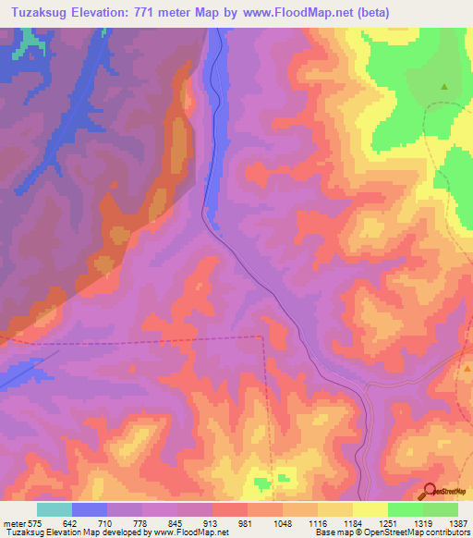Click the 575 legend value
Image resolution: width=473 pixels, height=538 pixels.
(36, 523)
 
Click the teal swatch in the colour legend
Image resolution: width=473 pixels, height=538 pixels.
(55, 509)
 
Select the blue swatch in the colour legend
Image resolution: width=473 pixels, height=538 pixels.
(90, 509)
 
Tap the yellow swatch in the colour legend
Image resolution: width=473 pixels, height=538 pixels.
(370, 509)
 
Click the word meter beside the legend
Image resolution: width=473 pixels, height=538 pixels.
(14, 523)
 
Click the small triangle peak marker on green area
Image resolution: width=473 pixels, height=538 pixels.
(444, 87)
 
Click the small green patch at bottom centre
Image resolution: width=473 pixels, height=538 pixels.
(262, 481)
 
